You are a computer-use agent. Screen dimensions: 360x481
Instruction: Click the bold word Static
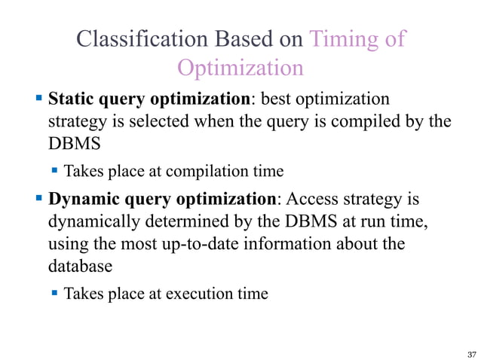tap(72, 99)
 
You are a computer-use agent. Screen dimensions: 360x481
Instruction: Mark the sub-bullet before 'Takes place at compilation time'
tap(55, 171)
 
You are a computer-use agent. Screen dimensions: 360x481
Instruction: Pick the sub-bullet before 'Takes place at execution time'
tap(55, 293)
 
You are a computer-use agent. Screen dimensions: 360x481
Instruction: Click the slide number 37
tap(472, 353)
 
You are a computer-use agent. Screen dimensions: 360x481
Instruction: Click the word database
tap(80, 267)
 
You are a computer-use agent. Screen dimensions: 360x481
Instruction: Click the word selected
tap(173, 121)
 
